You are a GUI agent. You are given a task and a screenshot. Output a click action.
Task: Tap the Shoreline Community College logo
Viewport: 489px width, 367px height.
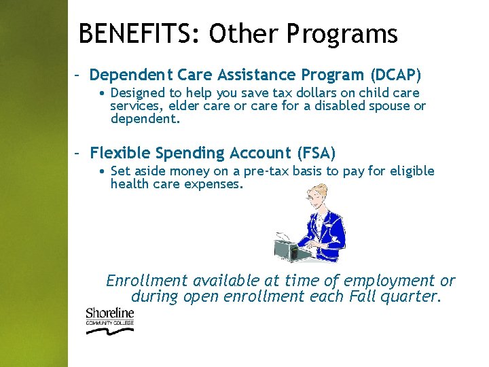pos(109,320)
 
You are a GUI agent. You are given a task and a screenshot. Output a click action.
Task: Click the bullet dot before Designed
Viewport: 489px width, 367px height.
pos(101,93)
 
